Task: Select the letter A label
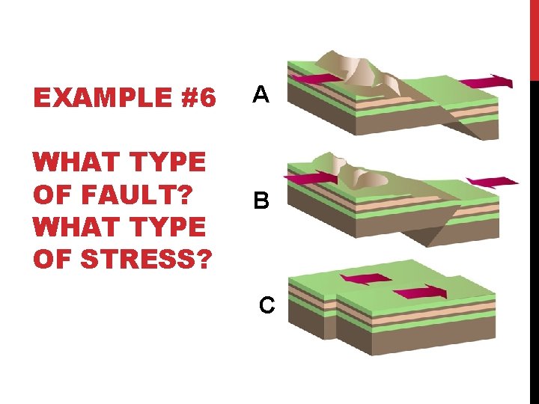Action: [260, 94]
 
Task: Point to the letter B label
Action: [261, 201]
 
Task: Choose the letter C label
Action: [267, 304]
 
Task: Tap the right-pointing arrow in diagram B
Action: [310, 177]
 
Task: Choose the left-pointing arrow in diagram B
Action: [492, 181]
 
